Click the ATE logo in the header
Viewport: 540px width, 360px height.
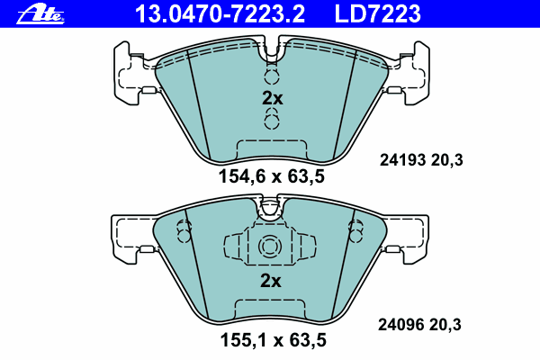click(x=40, y=15)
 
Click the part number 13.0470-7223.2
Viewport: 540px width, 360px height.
click(x=220, y=13)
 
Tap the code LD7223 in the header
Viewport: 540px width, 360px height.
click(x=377, y=13)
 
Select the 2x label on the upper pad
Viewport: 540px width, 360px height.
click(x=272, y=98)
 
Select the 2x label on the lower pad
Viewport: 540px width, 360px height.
click(x=271, y=281)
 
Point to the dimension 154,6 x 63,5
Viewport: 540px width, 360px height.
click(x=272, y=177)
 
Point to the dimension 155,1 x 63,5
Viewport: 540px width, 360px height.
click(x=273, y=340)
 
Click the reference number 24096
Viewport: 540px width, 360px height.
click(x=400, y=325)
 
